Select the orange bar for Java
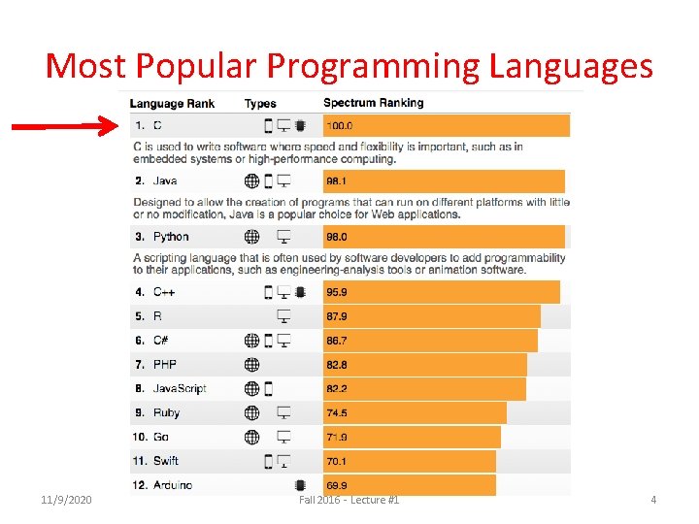tap(443, 181)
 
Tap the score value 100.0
tap(340, 126)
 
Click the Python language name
tap(171, 237)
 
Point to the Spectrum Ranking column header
tap(373, 103)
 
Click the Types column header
tap(260, 104)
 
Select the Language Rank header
tap(172, 104)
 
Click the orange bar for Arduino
tap(409, 485)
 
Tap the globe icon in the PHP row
tap(251, 365)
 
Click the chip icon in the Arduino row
tap(300, 485)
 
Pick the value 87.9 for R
tap(337, 316)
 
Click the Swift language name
tap(166, 461)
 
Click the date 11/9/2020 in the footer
tap(67, 500)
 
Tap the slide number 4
tap(653, 500)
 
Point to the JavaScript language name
tap(180, 389)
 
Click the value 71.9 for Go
tap(337, 438)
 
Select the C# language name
tap(161, 341)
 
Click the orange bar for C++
tap(441, 292)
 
